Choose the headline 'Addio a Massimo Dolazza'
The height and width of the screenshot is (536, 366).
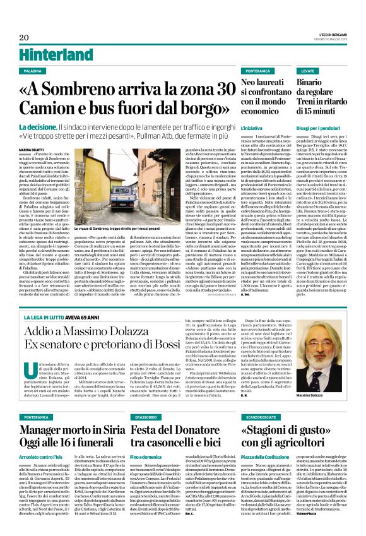coord(82,332)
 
